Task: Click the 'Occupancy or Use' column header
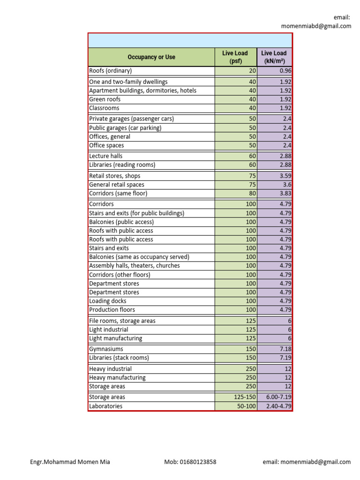point(151,57)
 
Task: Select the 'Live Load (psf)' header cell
point(235,57)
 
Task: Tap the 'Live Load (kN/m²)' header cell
point(274,57)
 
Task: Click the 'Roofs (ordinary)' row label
point(111,71)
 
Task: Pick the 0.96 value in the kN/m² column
point(285,71)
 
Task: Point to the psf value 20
point(252,71)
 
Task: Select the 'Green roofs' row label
point(105,99)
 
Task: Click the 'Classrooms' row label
point(104,108)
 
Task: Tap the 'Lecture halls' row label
point(105,156)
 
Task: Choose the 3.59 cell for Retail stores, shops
point(285,176)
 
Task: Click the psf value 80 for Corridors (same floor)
point(252,193)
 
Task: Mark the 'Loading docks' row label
point(108,301)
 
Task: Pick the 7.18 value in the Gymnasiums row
point(285,349)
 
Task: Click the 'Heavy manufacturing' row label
point(117,377)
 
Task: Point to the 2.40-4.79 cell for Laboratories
point(279,406)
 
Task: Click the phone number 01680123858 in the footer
point(190,462)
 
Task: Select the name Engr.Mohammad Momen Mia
point(70,462)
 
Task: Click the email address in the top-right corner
point(316,26)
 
